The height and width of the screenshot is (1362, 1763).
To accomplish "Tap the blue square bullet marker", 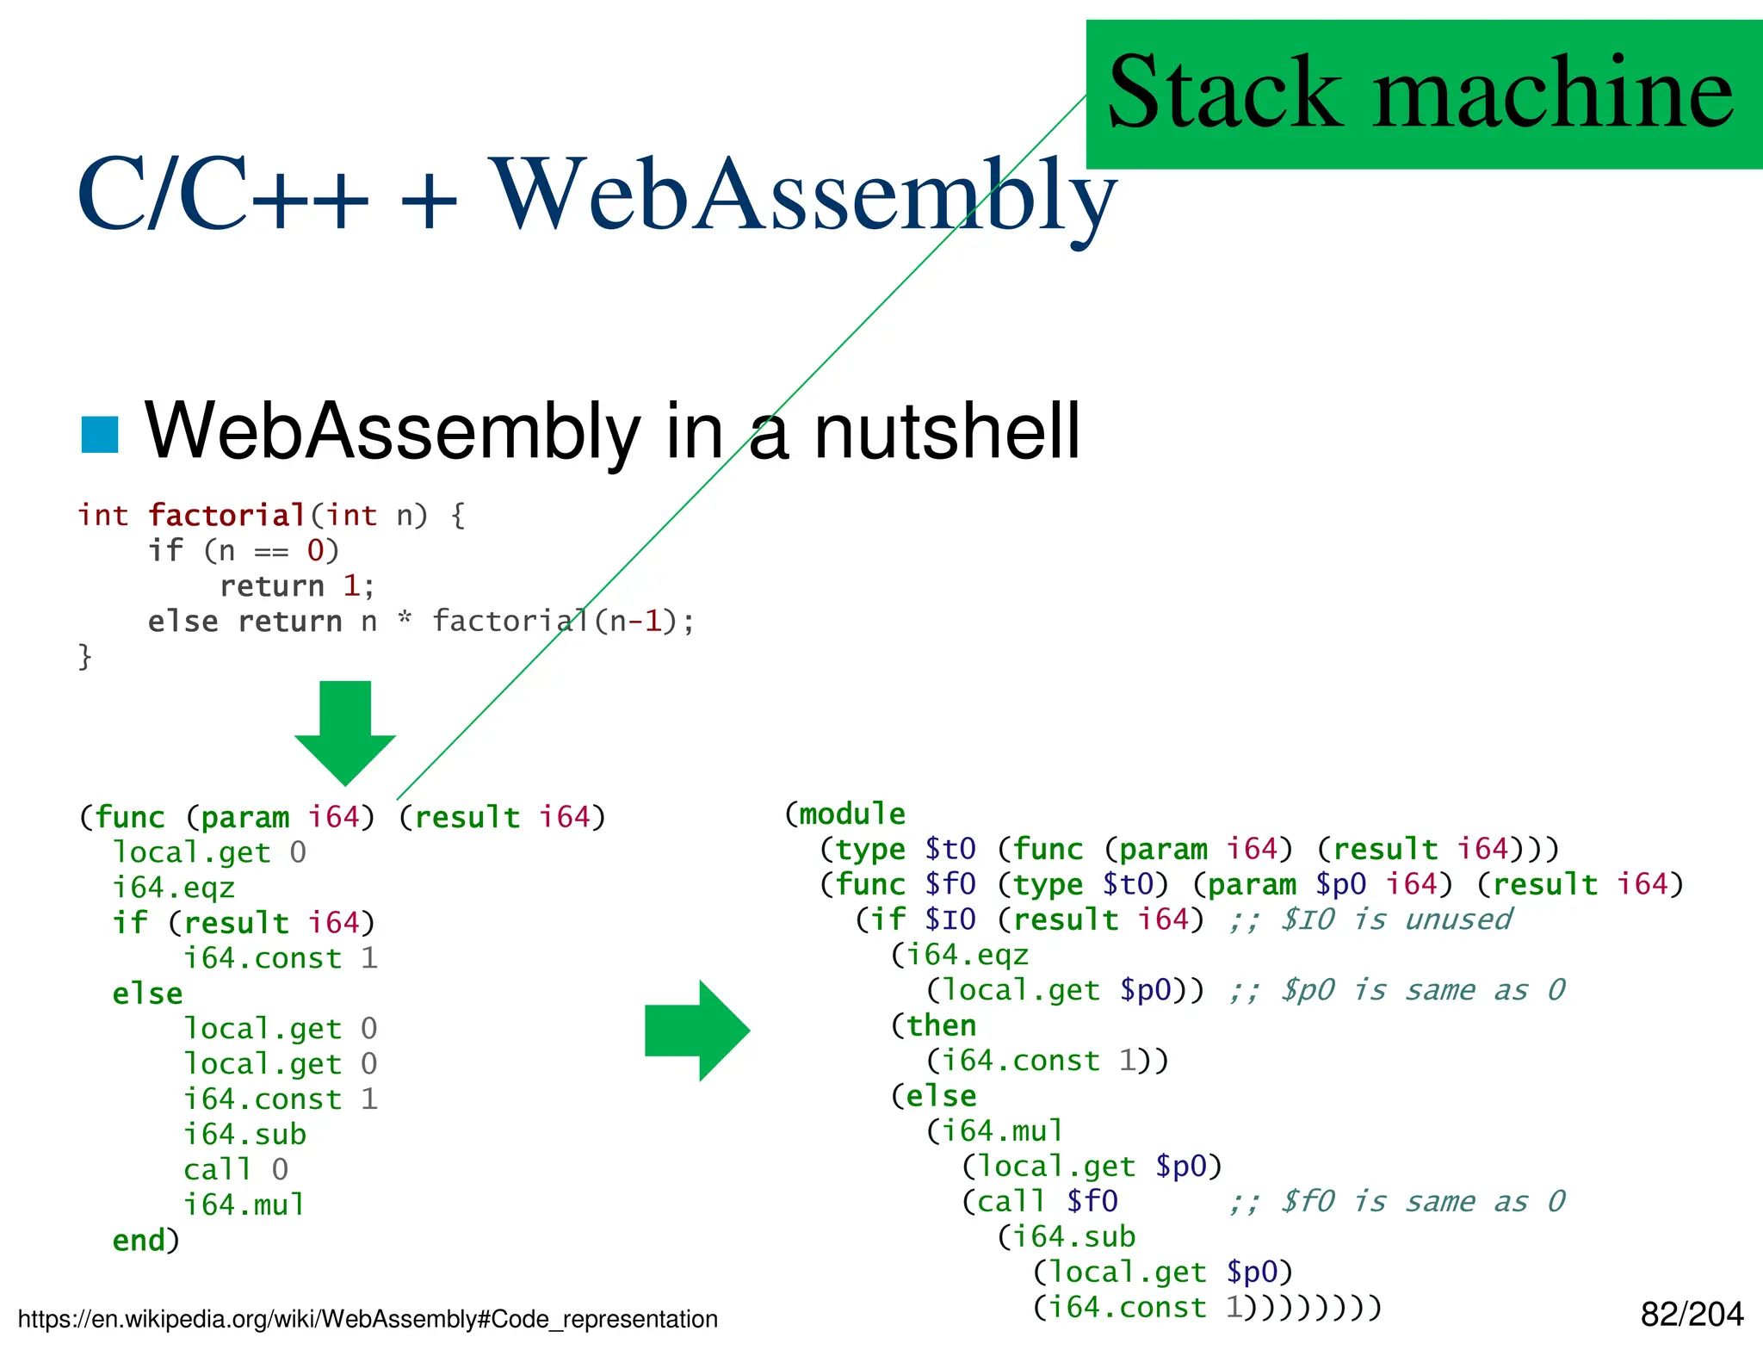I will (99, 435).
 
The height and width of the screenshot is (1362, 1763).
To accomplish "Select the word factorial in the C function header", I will (226, 516).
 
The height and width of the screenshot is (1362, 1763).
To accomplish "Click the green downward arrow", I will (345, 731).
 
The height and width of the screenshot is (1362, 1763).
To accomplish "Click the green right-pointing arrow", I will (697, 1031).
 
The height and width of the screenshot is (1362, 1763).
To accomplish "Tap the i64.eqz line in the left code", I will (173, 888).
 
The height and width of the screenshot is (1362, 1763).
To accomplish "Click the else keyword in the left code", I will (147, 994).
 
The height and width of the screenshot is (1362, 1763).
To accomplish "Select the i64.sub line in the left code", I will (244, 1135).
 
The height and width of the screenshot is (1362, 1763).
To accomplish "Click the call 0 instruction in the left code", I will (235, 1170).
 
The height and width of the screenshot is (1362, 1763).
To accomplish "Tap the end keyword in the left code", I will (138, 1241).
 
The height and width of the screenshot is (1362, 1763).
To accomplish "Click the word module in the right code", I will (851, 814).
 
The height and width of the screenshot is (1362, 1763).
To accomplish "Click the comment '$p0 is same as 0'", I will (1421, 991).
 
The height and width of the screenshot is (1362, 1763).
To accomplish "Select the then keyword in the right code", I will (940, 1026).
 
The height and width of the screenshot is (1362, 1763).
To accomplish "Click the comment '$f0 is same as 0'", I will (1421, 1202).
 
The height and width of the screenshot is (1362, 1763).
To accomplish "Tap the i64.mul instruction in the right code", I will (1001, 1131).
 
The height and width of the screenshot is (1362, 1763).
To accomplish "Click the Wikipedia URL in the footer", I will (368, 1320).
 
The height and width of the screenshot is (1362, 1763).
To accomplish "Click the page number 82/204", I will (1691, 1315).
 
